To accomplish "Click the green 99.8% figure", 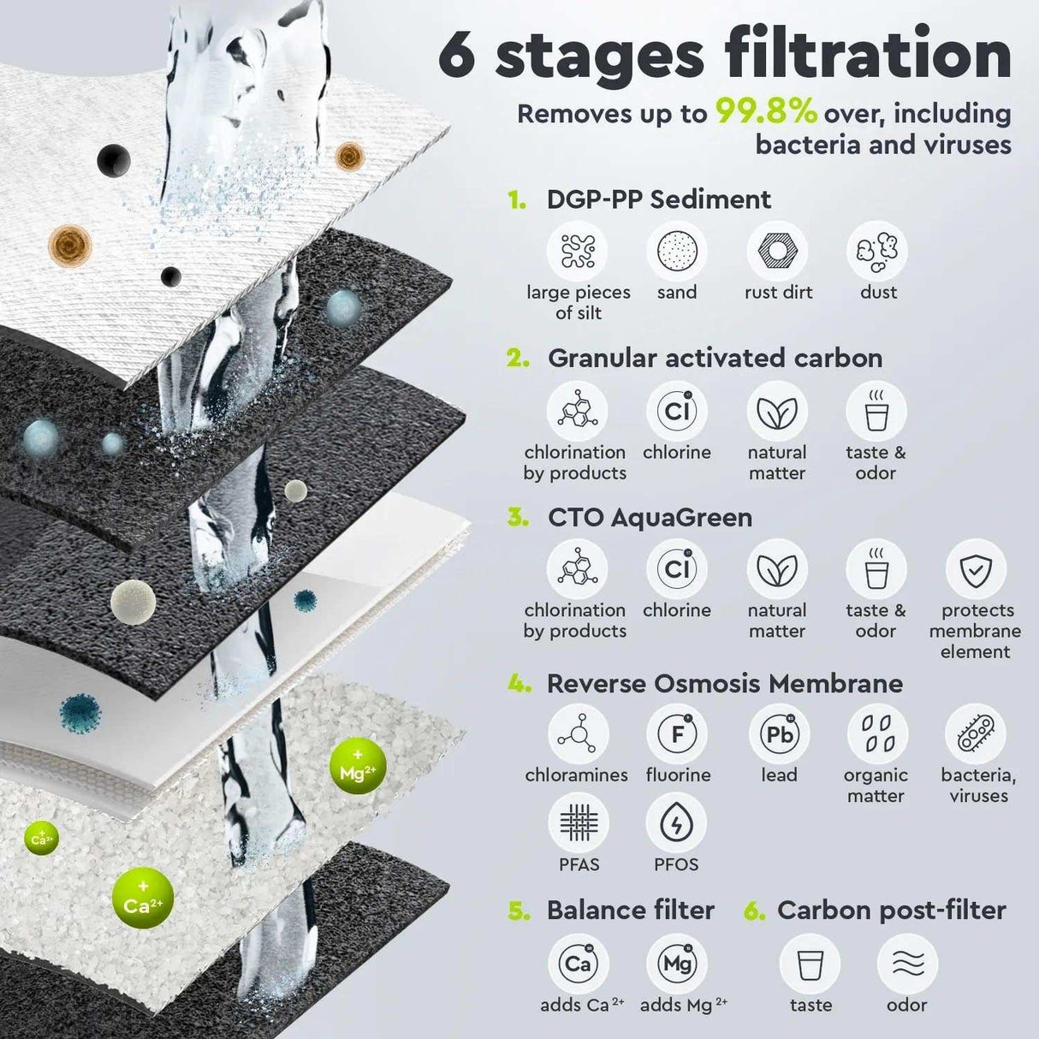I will point(766,113).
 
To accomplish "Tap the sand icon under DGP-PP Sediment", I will point(677,252).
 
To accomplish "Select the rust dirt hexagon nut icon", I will point(777,252).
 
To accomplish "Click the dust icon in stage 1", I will point(877,252).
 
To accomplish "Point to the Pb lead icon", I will point(779,734).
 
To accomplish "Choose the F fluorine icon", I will point(677,734).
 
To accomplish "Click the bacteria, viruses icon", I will point(976,734).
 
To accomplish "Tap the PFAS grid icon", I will point(579,823).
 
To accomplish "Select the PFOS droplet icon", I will point(676,823).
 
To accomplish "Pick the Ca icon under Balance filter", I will point(579,965).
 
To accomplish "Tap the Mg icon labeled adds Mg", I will point(677,965).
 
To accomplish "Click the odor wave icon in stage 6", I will point(907,965).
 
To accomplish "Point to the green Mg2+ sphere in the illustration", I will point(357,768).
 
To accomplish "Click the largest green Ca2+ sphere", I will point(143,899).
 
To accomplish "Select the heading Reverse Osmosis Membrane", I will point(724,683).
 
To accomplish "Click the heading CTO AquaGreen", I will point(650,518).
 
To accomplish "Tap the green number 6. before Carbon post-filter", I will point(754,911).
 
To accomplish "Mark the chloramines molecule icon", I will point(579,734).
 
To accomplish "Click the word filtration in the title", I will point(868,55).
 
